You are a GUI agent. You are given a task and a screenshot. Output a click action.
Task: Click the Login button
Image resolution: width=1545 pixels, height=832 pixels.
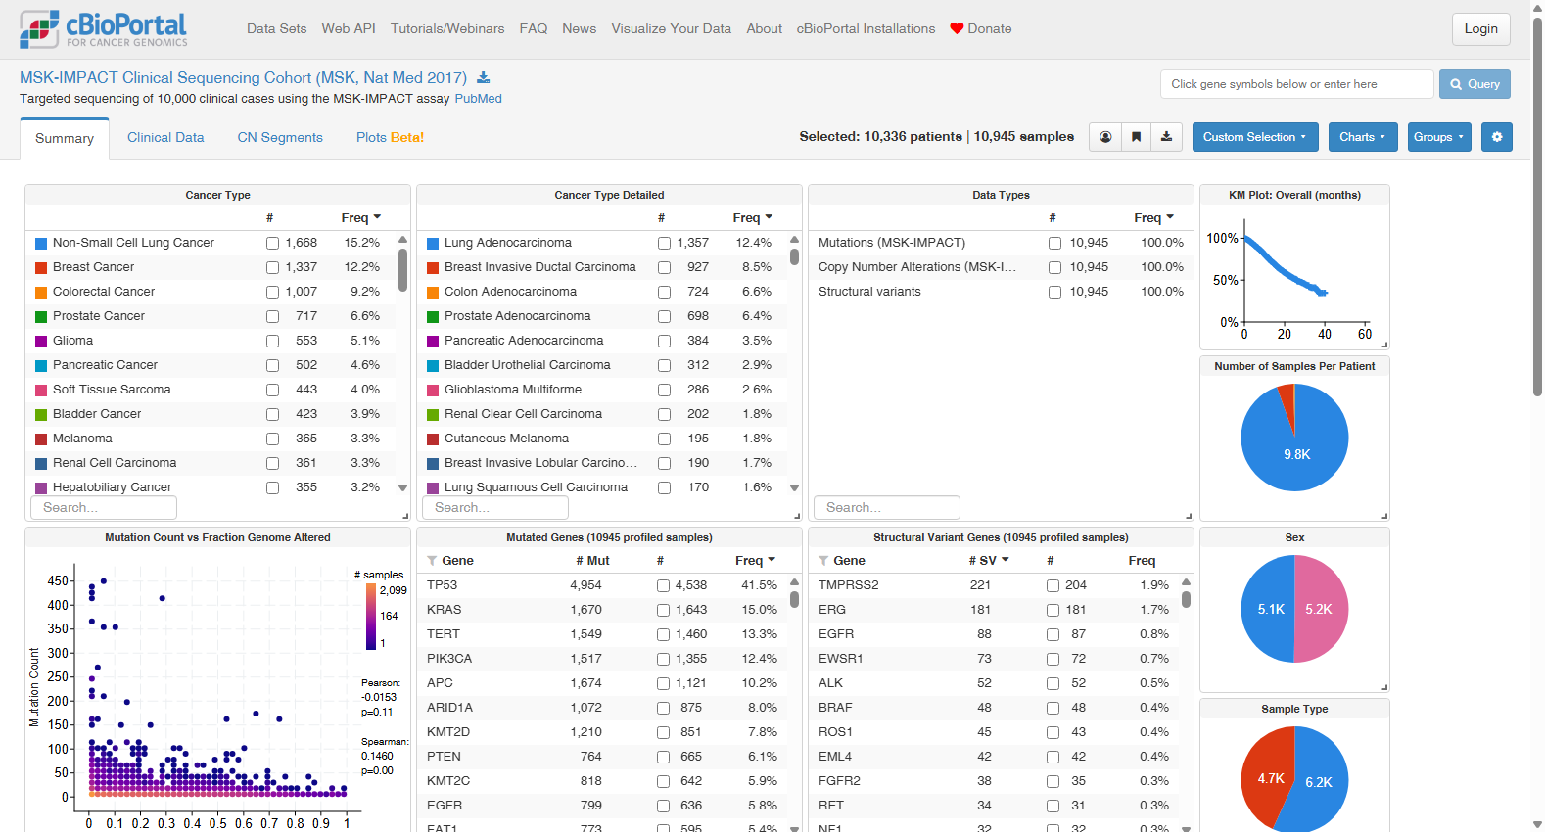(1480, 29)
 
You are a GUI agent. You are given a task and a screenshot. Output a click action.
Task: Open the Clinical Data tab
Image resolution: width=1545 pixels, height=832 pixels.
(165, 137)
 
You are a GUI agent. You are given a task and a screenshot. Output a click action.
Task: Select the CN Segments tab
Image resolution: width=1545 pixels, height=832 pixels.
(280, 137)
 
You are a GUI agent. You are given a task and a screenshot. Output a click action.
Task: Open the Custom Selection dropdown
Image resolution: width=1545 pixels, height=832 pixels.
(1254, 137)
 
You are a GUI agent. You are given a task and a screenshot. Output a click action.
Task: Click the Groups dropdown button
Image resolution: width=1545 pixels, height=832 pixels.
(1439, 137)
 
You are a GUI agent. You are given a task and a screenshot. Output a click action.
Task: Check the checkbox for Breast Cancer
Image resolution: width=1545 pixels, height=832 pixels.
(272, 267)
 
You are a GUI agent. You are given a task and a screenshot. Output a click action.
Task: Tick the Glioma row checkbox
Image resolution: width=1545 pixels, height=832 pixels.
(272, 342)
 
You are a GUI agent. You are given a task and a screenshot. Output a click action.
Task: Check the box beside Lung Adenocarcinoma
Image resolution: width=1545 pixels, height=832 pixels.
(664, 244)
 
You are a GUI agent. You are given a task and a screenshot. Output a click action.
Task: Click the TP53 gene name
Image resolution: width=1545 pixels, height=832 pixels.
(443, 585)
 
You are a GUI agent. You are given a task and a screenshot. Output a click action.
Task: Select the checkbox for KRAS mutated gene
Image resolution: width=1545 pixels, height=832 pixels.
(663, 610)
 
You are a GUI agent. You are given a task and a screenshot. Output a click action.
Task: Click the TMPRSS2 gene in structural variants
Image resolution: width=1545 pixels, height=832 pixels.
(848, 585)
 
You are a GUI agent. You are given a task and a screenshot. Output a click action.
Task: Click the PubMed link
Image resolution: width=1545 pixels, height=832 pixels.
(478, 99)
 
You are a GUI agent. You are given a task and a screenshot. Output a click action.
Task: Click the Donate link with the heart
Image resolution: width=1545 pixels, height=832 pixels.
(981, 29)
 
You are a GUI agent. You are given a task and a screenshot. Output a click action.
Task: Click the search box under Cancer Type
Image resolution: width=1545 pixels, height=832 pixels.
(104, 507)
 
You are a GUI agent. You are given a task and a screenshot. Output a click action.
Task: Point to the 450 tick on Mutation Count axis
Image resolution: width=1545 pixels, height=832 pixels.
(58, 581)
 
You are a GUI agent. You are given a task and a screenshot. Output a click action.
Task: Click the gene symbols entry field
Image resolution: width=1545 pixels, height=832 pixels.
(1296, 84)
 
